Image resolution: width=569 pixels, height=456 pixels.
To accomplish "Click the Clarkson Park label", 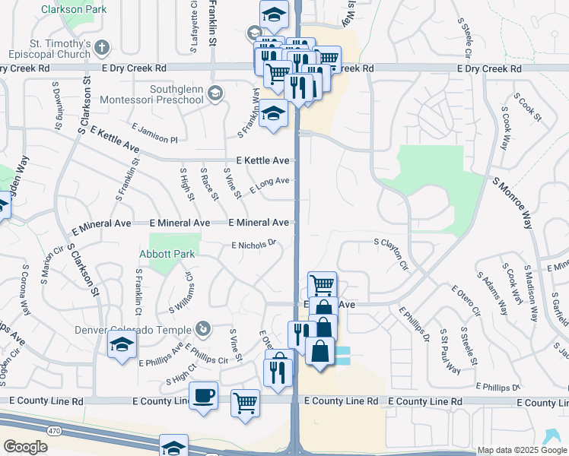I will coord(74,9).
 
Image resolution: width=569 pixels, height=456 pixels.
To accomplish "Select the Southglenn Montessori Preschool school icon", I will coord(215,93).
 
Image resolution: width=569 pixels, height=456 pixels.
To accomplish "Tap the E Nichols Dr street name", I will coord(253,245).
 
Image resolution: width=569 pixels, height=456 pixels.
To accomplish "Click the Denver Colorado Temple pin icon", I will coord(203,328).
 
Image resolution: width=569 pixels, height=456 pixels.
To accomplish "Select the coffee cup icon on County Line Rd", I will coord(203,396).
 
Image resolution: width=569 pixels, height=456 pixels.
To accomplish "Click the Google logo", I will coord(26,447).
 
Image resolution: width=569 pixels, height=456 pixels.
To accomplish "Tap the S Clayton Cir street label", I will coord(391,255).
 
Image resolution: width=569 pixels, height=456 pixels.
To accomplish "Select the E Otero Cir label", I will coord(466,300).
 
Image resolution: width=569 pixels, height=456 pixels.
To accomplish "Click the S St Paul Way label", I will coord(450,350).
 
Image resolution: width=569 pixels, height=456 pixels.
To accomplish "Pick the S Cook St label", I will coord(527,108).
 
